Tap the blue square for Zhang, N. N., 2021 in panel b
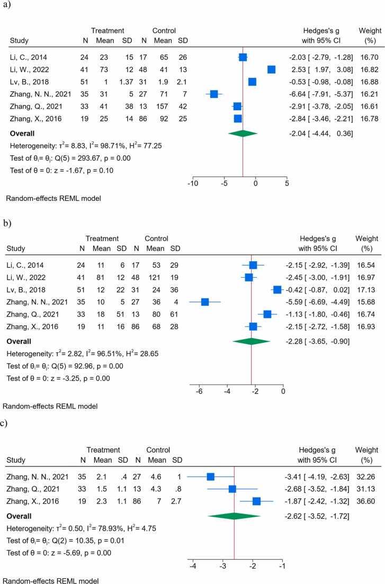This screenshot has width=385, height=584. [x=205, y=287]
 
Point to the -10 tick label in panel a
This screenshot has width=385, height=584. [x=193, y=184]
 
